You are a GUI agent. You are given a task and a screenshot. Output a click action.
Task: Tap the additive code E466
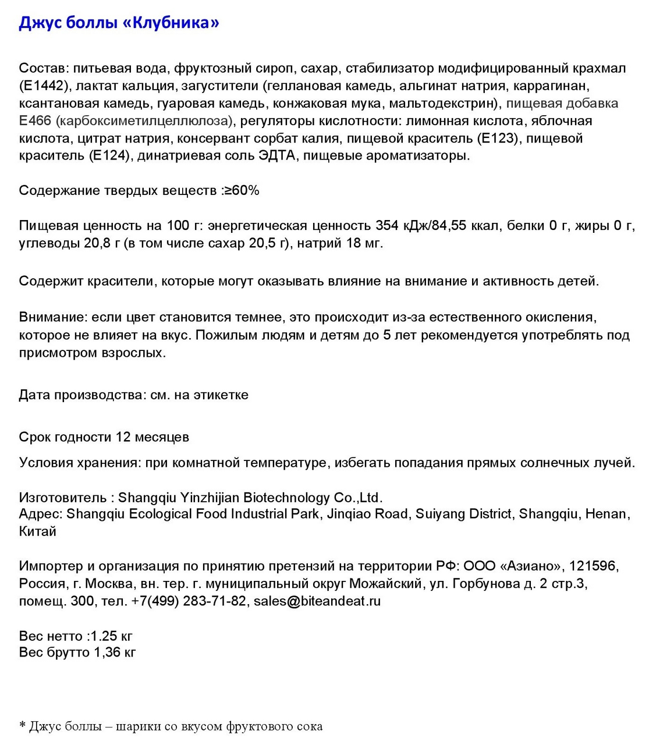35,121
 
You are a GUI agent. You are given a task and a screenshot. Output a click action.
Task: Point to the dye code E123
496,139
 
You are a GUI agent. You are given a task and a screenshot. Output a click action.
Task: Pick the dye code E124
109,156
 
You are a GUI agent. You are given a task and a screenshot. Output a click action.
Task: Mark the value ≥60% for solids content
242,191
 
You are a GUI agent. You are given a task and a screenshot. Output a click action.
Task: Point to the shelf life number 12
123,437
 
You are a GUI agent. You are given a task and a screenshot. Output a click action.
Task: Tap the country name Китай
37,531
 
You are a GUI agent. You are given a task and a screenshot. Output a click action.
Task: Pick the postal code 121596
593,566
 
